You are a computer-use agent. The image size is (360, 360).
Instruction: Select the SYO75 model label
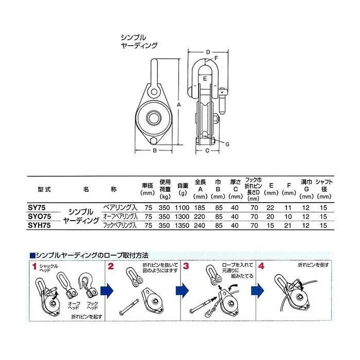39,216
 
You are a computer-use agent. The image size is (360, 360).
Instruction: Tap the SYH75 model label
39,225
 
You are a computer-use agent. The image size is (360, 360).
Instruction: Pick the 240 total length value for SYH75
201,225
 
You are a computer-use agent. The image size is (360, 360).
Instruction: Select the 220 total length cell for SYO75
201,216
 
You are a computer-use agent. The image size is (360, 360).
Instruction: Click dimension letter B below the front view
154,151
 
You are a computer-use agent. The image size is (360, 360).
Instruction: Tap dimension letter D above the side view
208,52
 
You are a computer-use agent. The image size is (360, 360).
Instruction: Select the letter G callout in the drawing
226,145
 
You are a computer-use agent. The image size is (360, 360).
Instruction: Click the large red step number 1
35,266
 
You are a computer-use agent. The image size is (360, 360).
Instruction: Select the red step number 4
262,266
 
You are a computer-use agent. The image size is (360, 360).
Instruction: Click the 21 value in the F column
289,225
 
